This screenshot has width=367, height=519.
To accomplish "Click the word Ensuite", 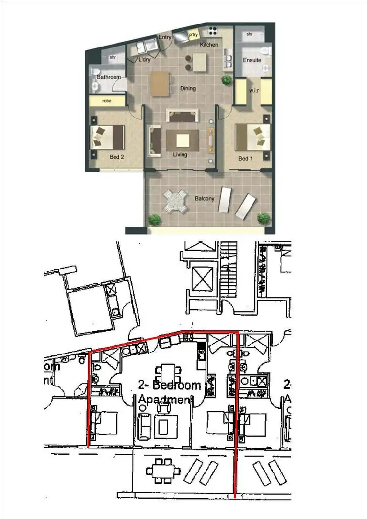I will click(x=252, y=60).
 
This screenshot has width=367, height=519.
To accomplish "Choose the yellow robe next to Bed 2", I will click(x=107, y=101).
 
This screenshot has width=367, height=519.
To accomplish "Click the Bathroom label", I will click(x=109, y=77).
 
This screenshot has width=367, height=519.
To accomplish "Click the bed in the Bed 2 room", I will click(x=107, y=137).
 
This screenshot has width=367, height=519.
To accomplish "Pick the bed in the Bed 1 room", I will click(x=253, y=137).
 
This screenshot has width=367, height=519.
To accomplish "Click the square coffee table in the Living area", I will click(x=183, y=141).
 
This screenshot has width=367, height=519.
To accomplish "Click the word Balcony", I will click(x=204, y=199).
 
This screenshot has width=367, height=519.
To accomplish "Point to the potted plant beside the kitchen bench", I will click(x=227, y=79).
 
